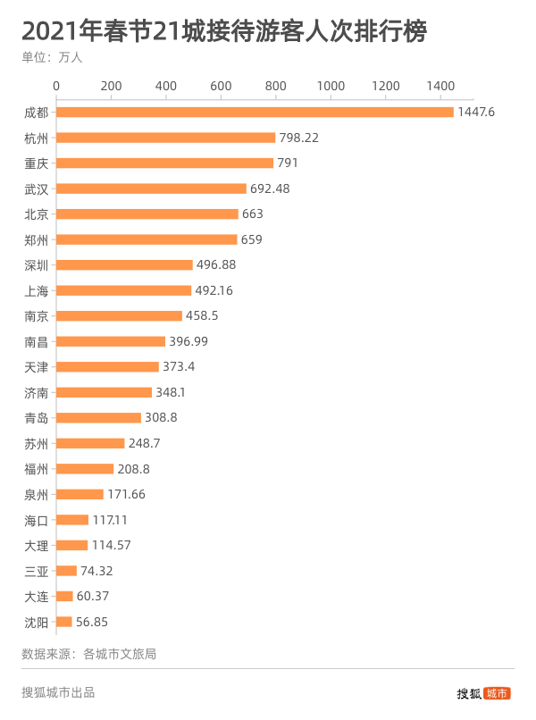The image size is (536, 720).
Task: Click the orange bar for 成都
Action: pos(255,113)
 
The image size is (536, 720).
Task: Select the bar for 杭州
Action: pos(166,138)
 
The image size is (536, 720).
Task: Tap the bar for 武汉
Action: pos(152,188)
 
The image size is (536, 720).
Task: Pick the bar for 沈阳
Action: pos(64,622)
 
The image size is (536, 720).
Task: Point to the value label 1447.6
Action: pos(476,113)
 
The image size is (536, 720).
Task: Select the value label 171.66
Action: pos(126,494)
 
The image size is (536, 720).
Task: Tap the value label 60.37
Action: pos(94,596)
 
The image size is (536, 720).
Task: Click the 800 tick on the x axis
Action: pos(276,86)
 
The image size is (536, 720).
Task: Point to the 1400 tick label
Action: pos(440,86)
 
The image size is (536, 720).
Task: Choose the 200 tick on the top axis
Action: pos(112,86)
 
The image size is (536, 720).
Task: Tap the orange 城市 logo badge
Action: pos(498,692)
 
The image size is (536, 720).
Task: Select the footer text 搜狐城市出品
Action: pos(58,691)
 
